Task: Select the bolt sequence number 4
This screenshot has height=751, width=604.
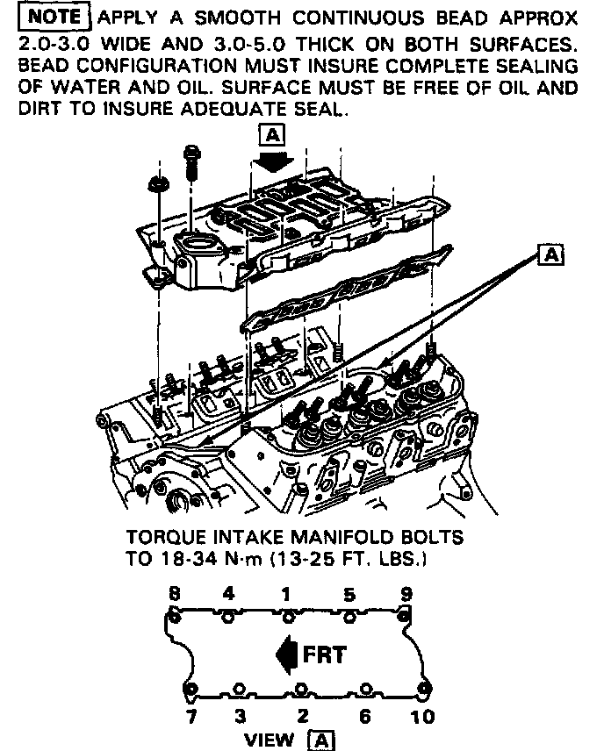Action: point(228,593)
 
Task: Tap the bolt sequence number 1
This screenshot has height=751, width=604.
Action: point(286,593)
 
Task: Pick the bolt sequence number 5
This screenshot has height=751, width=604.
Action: point(349,595)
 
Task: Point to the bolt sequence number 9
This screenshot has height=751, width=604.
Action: point(406,593)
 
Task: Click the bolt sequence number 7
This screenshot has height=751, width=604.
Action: point(191,717)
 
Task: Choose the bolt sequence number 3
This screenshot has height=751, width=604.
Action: point(239,717)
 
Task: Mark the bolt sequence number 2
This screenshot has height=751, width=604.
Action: point(303,717)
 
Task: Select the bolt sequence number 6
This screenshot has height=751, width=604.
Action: point(364,717)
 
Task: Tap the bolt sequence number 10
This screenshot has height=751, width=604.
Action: point(422,717)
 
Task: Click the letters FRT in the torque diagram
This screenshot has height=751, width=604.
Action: point(324,654)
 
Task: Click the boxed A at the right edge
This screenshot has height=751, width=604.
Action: point(552,254)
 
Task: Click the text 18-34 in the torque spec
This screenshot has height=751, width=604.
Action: point(182,558)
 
